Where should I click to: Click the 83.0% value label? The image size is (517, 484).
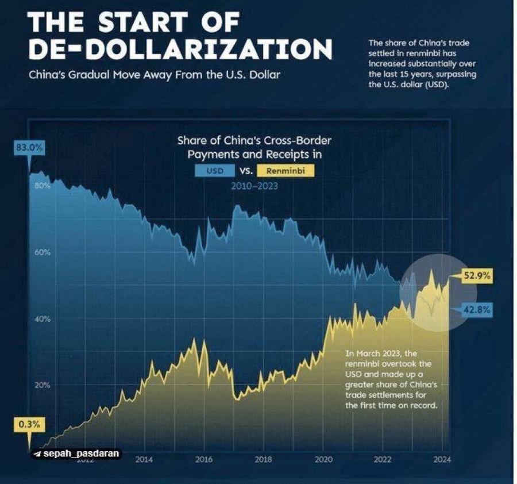(29, 148)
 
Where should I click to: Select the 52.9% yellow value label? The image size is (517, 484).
(477, 276)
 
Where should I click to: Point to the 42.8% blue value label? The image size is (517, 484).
(477, 310)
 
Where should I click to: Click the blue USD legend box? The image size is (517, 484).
(215, 171)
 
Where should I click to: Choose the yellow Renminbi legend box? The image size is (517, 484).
(285, 171)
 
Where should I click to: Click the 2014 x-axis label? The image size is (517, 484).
(144, 459)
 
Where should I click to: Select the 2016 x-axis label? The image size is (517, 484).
(204, 459)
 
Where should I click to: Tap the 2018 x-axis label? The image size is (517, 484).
(263, 459)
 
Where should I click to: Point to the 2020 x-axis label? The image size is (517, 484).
(323, 459)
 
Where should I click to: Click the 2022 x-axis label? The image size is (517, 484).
(383, 459)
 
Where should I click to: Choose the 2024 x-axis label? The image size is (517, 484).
(442, 459)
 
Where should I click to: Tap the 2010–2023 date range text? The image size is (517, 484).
(254, 186)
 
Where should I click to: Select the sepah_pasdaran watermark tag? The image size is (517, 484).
(76, 454)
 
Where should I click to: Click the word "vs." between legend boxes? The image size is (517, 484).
(247, 171)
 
